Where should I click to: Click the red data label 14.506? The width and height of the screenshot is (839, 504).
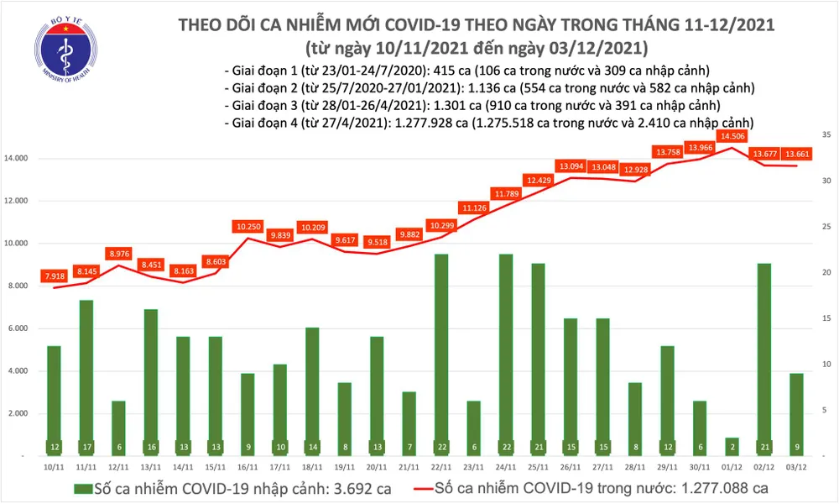tap(731, 136)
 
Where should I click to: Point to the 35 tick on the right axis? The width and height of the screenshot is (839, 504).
tap(826, 134)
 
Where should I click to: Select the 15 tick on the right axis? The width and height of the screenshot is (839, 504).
tap(826, 318)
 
